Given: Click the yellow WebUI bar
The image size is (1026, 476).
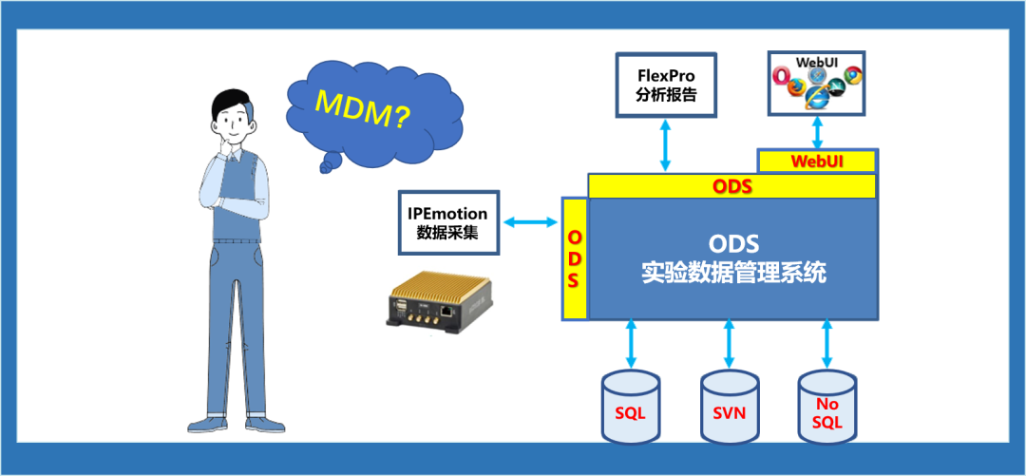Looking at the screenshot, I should click(816, 162).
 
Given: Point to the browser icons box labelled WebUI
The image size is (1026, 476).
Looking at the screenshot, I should click(815, 84).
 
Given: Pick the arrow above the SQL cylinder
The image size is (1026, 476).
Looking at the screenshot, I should click(630, 344).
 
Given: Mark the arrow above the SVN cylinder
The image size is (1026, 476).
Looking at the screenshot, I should click(729, 344).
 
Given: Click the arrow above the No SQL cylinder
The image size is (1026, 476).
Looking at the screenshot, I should click(826, 344).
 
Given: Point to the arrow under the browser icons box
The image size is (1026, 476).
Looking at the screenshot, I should click(815, 131).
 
